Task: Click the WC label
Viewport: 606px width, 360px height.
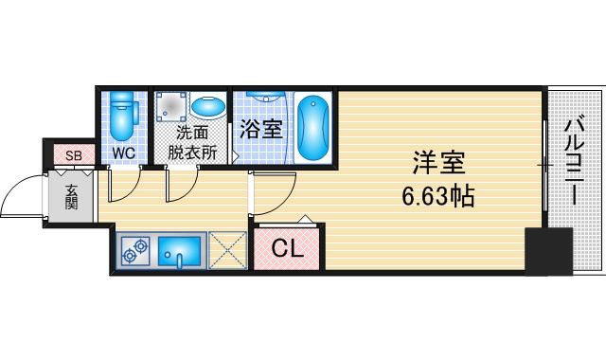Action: pos(124,153)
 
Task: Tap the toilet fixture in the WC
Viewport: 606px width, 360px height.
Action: pos(124,116)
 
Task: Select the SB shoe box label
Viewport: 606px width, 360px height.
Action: pos(74,155)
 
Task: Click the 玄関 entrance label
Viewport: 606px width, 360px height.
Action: pos(71,197)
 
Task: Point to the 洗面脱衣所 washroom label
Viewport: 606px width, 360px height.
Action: pos(192,143)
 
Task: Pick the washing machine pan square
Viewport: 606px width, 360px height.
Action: pos(171,105)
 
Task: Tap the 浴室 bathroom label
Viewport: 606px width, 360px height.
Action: pos(261,129)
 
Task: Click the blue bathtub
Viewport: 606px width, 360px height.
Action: pos(313,127)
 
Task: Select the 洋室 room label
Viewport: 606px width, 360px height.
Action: pos(438,163)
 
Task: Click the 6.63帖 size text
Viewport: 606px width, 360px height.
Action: pos(437,196)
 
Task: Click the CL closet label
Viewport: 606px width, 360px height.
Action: pos(287,248)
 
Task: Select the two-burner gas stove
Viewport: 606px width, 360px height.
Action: pos(135,251)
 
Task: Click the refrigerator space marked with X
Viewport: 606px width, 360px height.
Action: pos(227,250)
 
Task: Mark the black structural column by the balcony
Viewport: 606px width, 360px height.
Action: pos(548,251)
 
